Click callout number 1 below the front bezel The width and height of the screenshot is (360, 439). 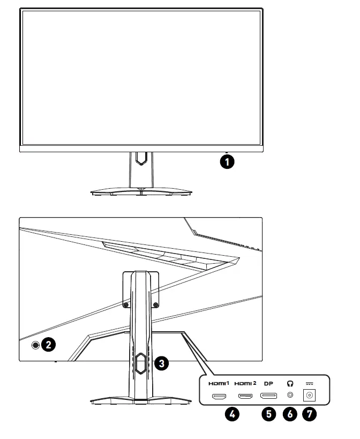(228, 161)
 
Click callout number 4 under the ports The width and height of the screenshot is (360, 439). (231, 414)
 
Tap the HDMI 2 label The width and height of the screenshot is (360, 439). (246, 383)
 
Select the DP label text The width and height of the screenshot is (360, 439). (269, 383)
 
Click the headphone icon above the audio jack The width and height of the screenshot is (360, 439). (290, 383)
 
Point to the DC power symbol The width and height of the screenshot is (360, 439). (309, 383)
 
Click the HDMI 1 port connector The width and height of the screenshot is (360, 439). (219, 397)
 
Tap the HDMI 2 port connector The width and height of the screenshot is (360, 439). (246, 397)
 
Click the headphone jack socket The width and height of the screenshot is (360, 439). (290, 396)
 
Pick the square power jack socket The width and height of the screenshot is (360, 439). (309, 396)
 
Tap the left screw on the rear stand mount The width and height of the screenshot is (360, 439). (125, 304)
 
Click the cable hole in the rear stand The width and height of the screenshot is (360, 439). (140, 363)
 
